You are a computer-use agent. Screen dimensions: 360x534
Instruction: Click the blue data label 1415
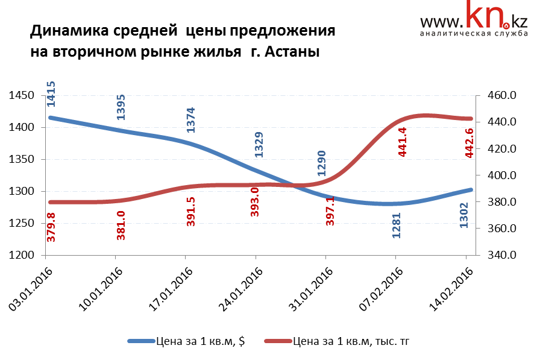(x=51, y=93)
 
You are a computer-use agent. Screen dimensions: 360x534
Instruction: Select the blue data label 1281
(x=396, y=225)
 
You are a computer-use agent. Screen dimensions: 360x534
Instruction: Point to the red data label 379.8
(x=51, y=227)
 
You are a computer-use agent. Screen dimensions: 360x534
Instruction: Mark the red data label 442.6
(x=470, y=143)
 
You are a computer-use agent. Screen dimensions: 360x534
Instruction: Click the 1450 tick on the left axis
(x=22, y=96)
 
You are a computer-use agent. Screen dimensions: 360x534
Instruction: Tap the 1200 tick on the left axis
(x=22, y=255)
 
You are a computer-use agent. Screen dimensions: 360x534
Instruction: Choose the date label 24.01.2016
(x=240, y=290)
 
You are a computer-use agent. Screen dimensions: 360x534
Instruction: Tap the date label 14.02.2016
(x=450, y=290)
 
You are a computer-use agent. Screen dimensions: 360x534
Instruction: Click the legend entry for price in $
(x=199, y=341)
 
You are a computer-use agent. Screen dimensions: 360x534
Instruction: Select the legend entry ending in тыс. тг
(x=350, y=341)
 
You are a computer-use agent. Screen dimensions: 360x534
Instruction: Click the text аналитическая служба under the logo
(x=473, y=33)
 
